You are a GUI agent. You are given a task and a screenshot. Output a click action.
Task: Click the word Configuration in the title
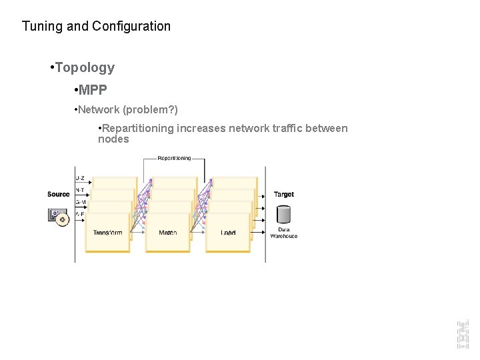click(131, 27)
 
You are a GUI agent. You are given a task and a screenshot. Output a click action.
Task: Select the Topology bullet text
click(85, 67)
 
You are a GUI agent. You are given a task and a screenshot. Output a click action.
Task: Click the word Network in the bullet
click(99, 109)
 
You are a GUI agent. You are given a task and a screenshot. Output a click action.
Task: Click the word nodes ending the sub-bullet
click(113, 139)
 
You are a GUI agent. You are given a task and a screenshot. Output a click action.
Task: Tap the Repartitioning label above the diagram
click(174, 158)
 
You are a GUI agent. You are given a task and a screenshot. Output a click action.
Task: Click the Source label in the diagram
click(59, 194)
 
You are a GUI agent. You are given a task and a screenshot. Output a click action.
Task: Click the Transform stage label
click(107, 233)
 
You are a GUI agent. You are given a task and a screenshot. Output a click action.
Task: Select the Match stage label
click(168, 233)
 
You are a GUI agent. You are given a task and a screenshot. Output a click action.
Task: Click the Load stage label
click(228, 233)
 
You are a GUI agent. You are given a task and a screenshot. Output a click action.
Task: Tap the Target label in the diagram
click(283, 194)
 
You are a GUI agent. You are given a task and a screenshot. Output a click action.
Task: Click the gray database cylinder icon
click(283, 215)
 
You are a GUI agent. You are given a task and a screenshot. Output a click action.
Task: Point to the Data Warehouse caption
click(283, 233)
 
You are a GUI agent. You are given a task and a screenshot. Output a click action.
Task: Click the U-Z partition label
click(80, 178)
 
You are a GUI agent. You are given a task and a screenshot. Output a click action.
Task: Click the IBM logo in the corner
click(463, 334)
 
